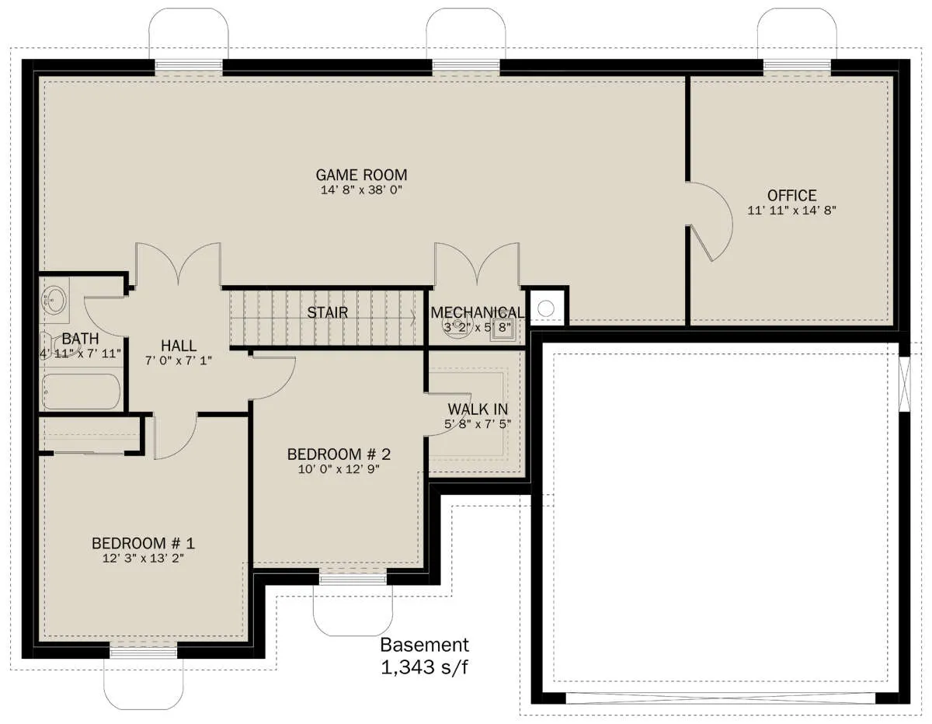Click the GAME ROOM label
[x=361, y=175]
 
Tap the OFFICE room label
[x=791, y=196]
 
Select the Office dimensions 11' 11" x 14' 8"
[x=791, y=211]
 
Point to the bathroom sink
[x=54, y=299]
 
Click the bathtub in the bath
[x=82, y=392]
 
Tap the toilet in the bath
[x=54, y=345]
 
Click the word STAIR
[x=327, y=313]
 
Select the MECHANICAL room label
[x=477, y=313]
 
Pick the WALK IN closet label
[x=478, y=409]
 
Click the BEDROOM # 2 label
[x=339, y=454]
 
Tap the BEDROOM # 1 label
[x=143, y=544]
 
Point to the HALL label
[x=179, y=346]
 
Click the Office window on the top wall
[x=797, y=66]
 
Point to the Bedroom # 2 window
[x=353, y=580]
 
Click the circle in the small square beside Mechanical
[x=545, y=308]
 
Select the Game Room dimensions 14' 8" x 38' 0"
[x=361, y=190]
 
